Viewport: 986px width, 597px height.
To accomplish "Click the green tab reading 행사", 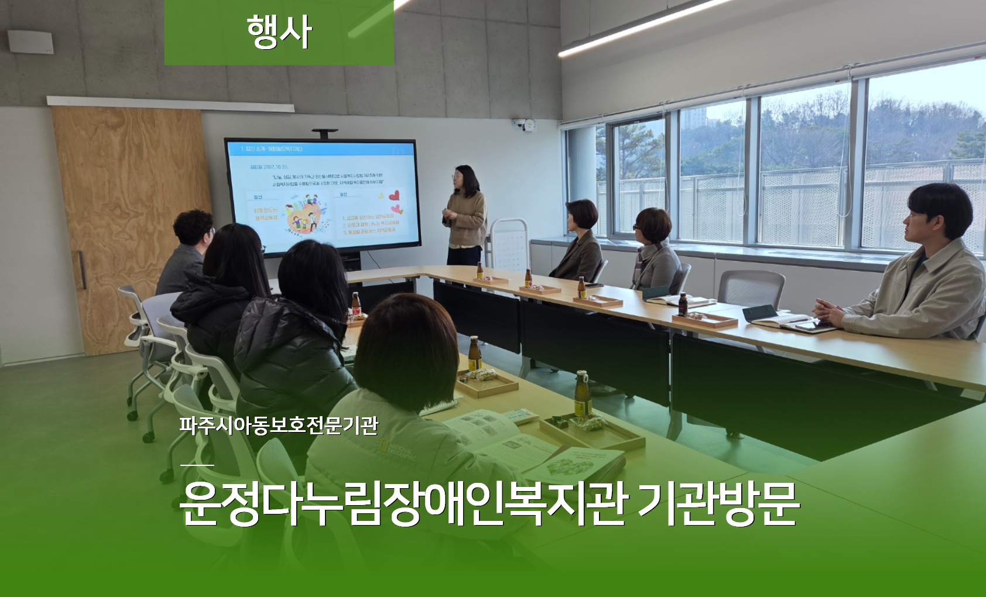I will [279, 32].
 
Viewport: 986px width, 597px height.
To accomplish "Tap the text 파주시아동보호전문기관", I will [278, 426].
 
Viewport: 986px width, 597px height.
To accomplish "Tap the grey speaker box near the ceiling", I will [30, 42].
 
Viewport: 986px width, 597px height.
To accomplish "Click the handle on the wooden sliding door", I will [82, 269].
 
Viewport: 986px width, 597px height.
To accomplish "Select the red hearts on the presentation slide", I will [394, 200].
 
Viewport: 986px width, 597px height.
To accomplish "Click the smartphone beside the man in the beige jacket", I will [807, 326].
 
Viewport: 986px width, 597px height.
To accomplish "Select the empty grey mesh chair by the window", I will [751, 289].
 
